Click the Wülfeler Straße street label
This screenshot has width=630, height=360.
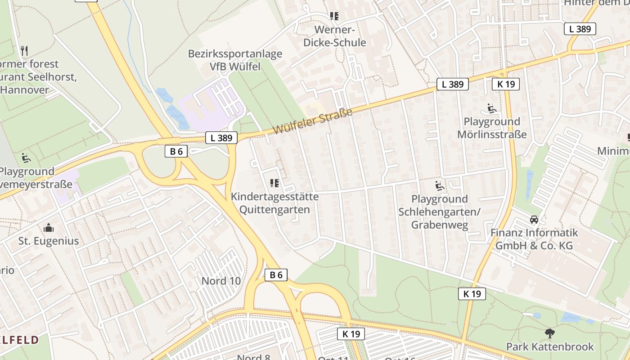point(312,121)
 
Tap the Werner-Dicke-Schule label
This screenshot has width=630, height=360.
point(334,36)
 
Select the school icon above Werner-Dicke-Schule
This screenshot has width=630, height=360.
point(334,17)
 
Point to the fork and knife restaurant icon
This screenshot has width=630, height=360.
point(24,50)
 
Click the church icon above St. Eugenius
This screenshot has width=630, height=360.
point(49,228)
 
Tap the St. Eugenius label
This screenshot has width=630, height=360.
point(49,241)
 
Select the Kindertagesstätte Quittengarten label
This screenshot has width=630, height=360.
point(274,203)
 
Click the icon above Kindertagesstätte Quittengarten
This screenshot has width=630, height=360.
point(274,183)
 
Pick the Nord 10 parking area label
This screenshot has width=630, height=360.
point(221,281)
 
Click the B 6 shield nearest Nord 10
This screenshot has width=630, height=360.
point(275,275)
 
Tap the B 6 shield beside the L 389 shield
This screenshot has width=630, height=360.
point(176,152)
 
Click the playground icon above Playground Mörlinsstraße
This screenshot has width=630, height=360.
point(491,108)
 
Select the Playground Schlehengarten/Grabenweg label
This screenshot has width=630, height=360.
point(440,212)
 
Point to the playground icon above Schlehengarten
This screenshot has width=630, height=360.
point(440,186)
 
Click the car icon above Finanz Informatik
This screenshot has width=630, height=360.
point(534,220)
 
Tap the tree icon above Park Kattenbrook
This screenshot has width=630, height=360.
point(549,333)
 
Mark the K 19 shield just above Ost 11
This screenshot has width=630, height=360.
point(351,334)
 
